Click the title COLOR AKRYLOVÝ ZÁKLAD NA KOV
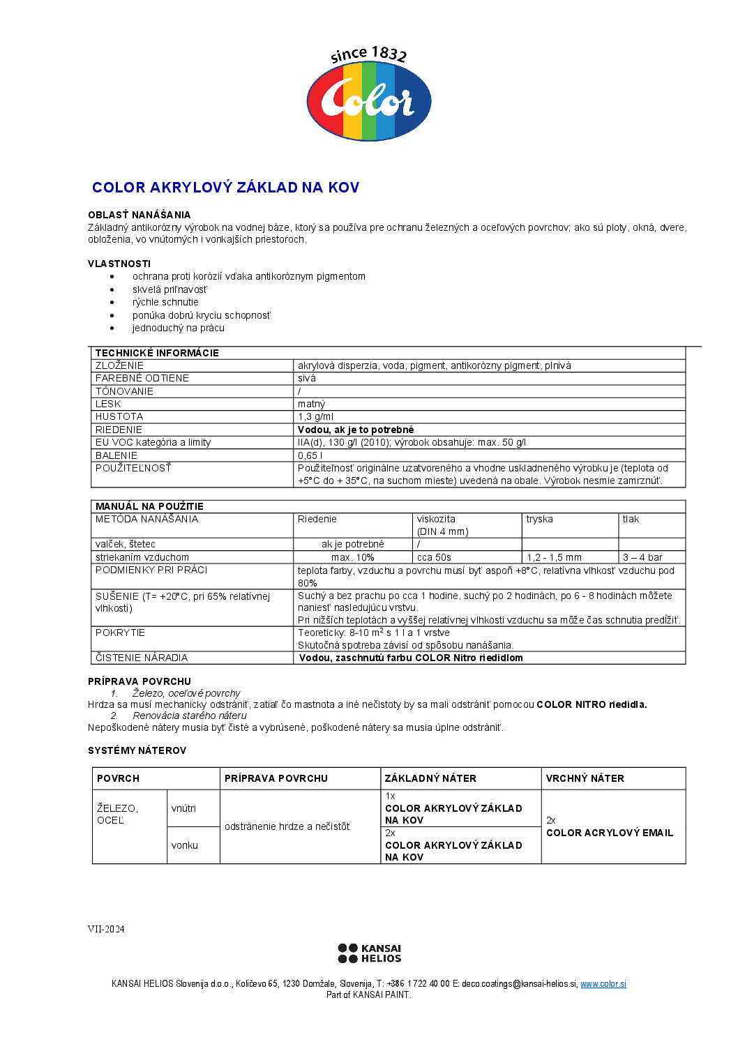(225, 188)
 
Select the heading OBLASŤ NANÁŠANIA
(139, 215)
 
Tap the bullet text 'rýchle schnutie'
(165, 302)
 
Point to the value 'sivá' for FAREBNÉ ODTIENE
(307, 378)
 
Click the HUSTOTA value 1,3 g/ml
(315, 416)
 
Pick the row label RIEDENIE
(119, 430)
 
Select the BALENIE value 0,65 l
(310, 455)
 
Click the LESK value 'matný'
(311, 404)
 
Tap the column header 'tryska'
(539, 519)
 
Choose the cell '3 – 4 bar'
(642, 557)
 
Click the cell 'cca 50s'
(434, 557)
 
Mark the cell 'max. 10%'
(352, 557)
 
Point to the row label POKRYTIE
(120, 633)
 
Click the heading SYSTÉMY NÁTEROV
(137, 750)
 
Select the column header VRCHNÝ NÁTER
(585, 778)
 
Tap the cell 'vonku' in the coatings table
(185, 845)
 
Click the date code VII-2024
(106, 929)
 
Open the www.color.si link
(603, 984)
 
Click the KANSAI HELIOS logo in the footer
(369, 953)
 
